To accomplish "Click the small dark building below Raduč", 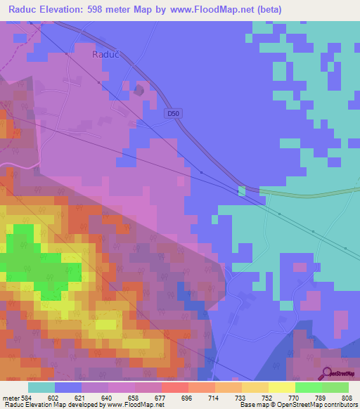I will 139,90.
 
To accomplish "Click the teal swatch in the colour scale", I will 41,387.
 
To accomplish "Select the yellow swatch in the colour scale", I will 281,387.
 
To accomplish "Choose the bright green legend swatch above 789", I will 308,387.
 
